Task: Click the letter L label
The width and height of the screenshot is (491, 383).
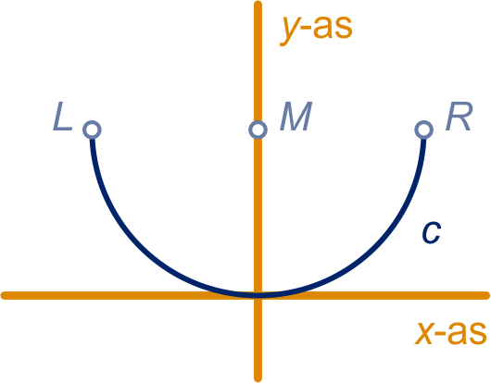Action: pyautogui.click(x=63, y=117)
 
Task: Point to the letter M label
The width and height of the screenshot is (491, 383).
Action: pyautogui.click(x=296, y=117)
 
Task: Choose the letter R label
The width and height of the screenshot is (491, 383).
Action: pyautogui.click(x=459, y=117)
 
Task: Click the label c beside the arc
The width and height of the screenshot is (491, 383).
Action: pyautogui.click(x=432, y=232)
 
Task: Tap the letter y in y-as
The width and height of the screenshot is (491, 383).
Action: pyautogui.click(x=291, y=31)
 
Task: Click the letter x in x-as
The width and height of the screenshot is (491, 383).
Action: pyautogui.click(x=424, y=334)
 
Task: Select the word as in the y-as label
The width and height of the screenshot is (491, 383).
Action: pyautogui.click(x=333, y=28)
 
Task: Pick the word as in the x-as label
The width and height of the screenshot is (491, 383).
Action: pyautogui.click(x=467, y=334)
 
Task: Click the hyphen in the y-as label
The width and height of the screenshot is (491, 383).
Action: pyautogui.click(x=308, y=29)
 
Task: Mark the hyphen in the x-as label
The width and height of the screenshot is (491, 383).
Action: pyautogui.click(x=441, y=335)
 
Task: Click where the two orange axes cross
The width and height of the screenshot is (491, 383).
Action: pyautogui.click(x=258, y=295)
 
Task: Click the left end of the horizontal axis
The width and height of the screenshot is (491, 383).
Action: pyautogui.click(x=3, y=295)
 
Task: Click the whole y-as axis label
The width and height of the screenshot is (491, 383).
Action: pyautogui.click(x=316, y=31)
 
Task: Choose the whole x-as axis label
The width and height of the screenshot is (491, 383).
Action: pyautogui.click(x=450, y=334)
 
